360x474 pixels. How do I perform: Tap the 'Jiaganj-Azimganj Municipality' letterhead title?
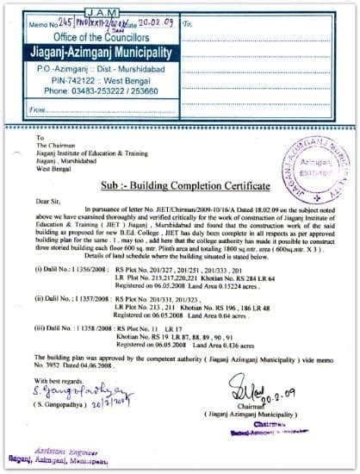point(96,51)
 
